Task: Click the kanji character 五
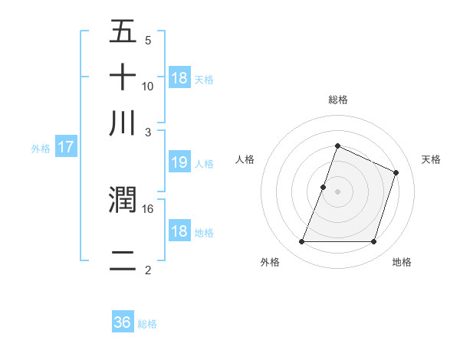click(123, 32)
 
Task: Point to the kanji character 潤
click(123, 201)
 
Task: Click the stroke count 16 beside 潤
click(148, 208)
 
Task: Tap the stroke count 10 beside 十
click(148, 86)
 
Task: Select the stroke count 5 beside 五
click(148, 40)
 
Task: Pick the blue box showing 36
click(123, 322)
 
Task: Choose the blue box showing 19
click(179, 162)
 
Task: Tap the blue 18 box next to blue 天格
click(179, 78)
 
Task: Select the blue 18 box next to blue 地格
click(179, 231)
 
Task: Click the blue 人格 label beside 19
click(204, 163)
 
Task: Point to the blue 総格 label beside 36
click(147, 324)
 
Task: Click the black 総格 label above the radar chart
click(338, 100)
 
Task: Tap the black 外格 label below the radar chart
click(270, 263)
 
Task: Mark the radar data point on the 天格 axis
click(396, 172)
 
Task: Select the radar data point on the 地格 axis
click(374, 242)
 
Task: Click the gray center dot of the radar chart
click(338, 191)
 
